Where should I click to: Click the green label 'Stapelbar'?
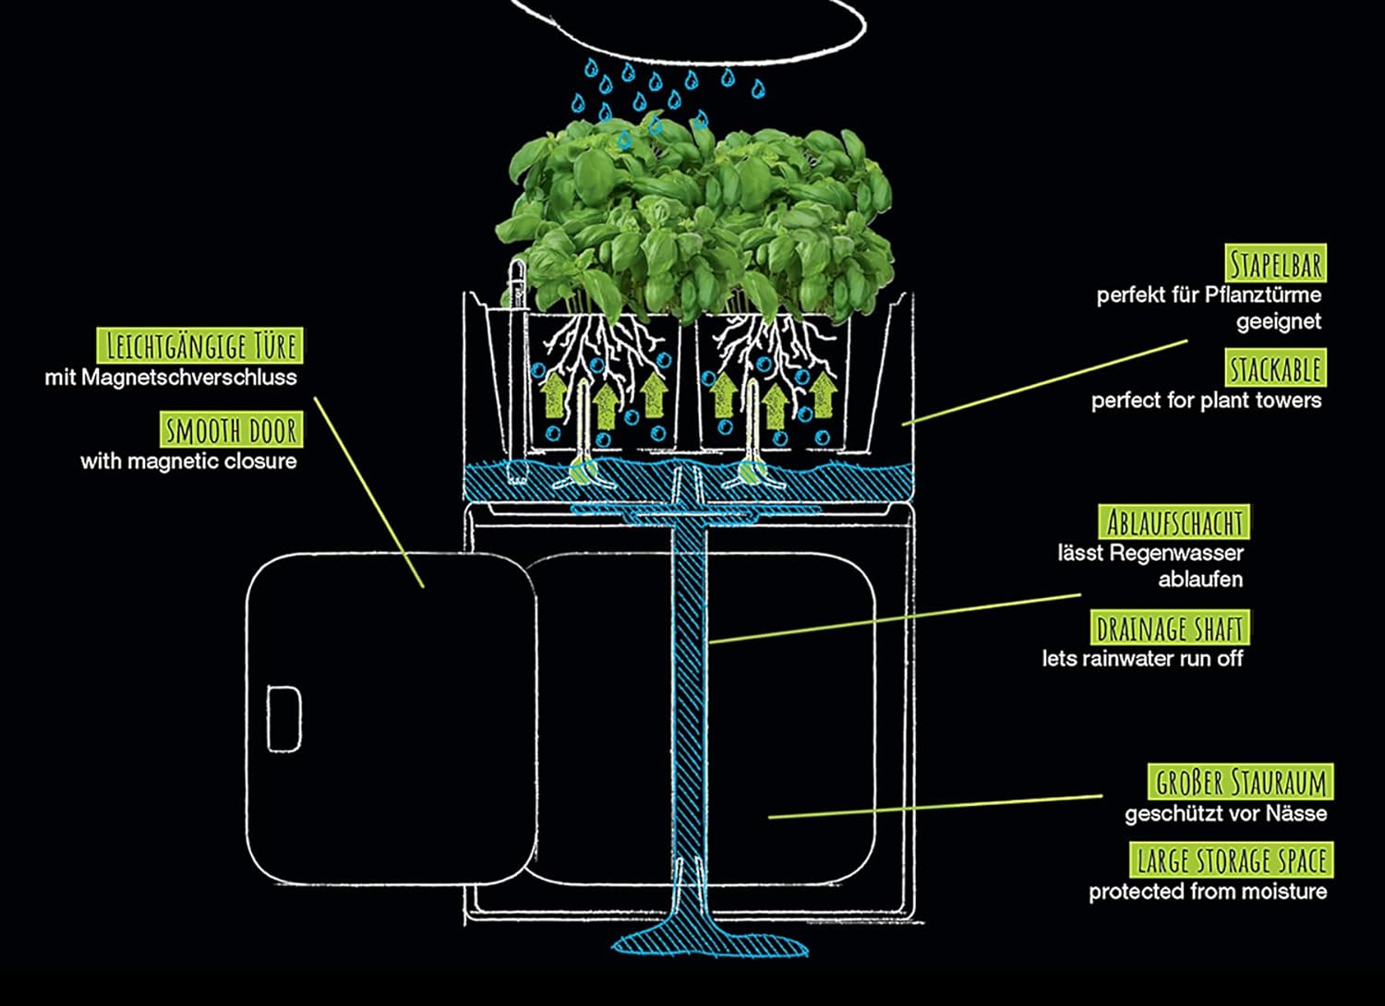point(1276,264)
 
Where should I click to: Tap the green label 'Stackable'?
point(1276,369)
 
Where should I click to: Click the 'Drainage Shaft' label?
point(1169,629)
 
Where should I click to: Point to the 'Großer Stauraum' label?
point(1241,783)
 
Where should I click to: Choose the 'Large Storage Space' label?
point(1232,861)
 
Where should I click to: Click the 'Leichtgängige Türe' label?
point(200,346)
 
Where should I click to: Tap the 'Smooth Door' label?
point(230,430)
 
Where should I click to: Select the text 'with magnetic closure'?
point(188,461)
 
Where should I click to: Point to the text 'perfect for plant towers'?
point(1206,401)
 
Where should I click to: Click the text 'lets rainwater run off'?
point(1142,659)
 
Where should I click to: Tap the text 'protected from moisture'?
point(1208,892)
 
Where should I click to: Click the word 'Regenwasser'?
point(1176,554)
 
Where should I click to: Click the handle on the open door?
point(283,717)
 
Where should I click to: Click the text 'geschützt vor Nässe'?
point(1225,814)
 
